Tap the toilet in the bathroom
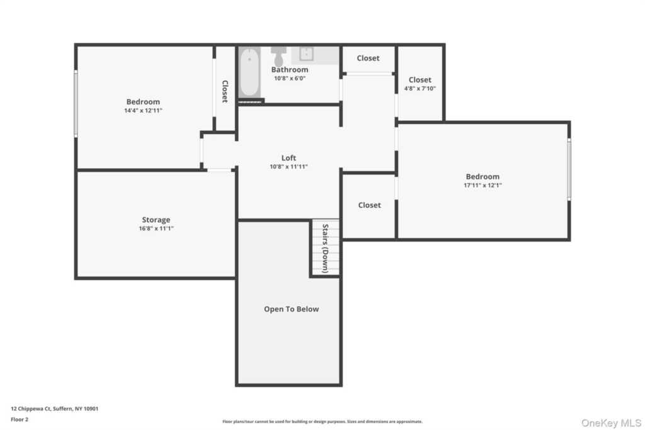[278, 52]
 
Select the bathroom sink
[307, 54]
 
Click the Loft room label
[288, 158]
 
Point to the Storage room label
[156, 220]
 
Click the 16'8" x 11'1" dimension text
[156, 229]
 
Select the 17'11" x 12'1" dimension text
[482, 185]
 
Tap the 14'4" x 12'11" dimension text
[143, 110]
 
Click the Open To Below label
[291, 309]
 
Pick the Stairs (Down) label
[325, 248]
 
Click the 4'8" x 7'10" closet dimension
[420, 88]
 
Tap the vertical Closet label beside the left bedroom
[225, 91]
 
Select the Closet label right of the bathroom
[368, 59]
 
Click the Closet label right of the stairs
[369, 205]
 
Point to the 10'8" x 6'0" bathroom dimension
[290, 78]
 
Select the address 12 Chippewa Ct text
[55, 408]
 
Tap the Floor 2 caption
[20, 418]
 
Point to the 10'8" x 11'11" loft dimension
[288, 167]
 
